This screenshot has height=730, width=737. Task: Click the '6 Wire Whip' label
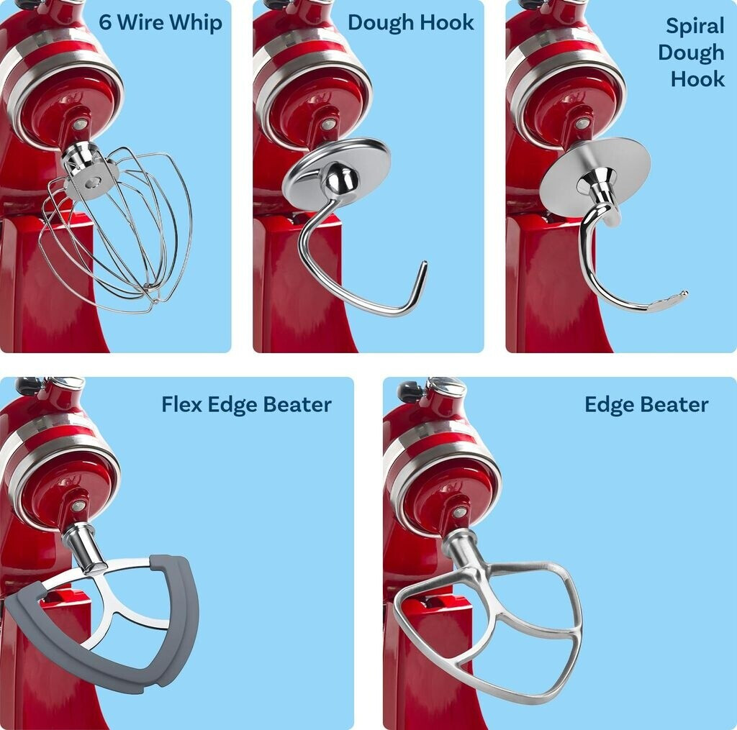click(160, 22)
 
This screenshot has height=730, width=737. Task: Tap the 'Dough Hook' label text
click(410, 22)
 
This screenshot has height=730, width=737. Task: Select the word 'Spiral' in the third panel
click(695, 27)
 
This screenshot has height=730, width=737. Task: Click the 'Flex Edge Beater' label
click(246, 404)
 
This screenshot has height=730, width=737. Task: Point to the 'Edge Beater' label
click(646, 404)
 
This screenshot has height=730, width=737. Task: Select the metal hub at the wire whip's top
click(90, 173)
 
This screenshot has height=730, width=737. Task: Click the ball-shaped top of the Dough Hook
click(336, 180)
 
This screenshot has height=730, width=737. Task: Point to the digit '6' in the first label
click(105, 22)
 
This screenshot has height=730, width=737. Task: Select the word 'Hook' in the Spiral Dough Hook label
click(697, 78)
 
